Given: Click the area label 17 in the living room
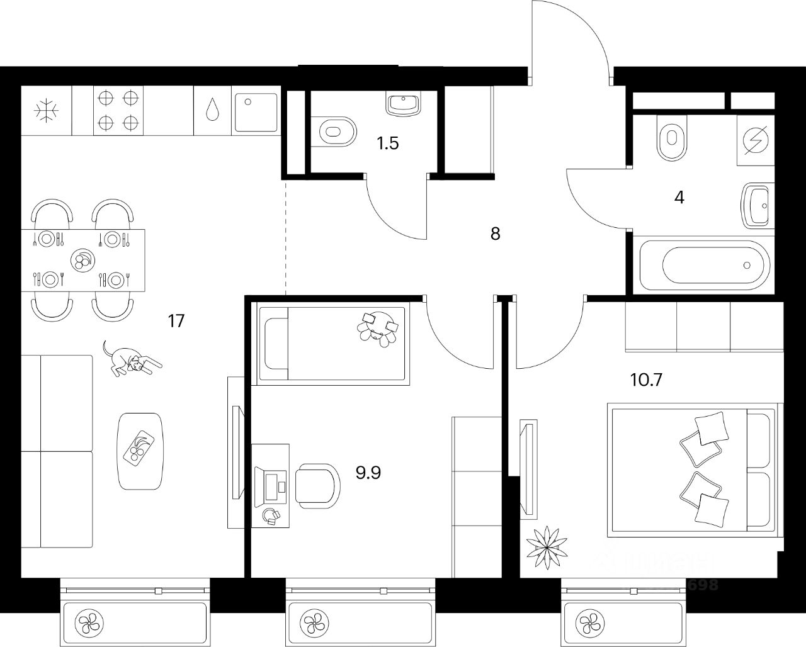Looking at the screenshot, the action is coord(176,321).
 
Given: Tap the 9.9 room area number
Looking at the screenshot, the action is coord(369,472).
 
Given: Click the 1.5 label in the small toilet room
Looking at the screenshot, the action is coord(388,143).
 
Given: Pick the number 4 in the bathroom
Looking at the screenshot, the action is coord(679,198).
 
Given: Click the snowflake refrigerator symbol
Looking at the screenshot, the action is coord(47,111).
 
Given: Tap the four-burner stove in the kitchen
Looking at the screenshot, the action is coord(118,110).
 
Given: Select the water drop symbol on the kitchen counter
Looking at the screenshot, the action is coord(213,110).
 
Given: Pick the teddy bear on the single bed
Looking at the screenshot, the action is coord(377,327).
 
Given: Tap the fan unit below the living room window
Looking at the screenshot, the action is coord(88,623).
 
